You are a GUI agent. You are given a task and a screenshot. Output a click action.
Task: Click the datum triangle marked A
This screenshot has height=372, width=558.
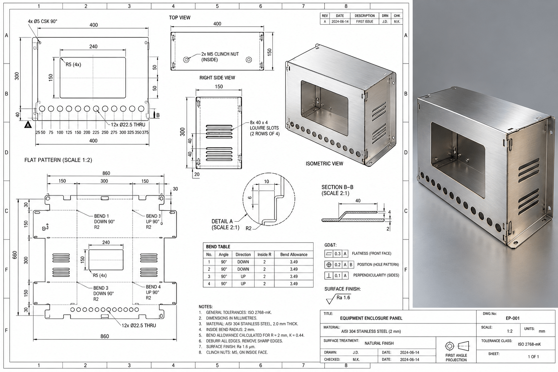28,124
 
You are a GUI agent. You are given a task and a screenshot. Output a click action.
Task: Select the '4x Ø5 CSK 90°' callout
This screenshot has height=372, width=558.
43,21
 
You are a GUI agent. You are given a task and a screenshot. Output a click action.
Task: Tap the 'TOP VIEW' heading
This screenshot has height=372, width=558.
179,17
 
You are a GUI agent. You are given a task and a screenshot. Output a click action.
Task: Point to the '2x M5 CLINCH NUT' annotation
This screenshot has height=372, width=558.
220,54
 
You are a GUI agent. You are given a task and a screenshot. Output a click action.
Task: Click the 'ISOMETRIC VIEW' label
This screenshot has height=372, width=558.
324,163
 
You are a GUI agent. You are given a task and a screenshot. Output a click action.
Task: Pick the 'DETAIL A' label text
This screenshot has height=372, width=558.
222,221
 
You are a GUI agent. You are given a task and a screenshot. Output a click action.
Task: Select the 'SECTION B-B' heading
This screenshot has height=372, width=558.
337,187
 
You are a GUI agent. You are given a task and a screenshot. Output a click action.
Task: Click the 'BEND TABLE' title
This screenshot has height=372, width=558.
218,247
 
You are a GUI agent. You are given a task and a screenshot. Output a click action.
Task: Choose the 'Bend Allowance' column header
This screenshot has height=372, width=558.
294,254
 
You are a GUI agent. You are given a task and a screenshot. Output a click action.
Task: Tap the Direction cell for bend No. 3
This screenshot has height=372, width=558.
243,276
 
